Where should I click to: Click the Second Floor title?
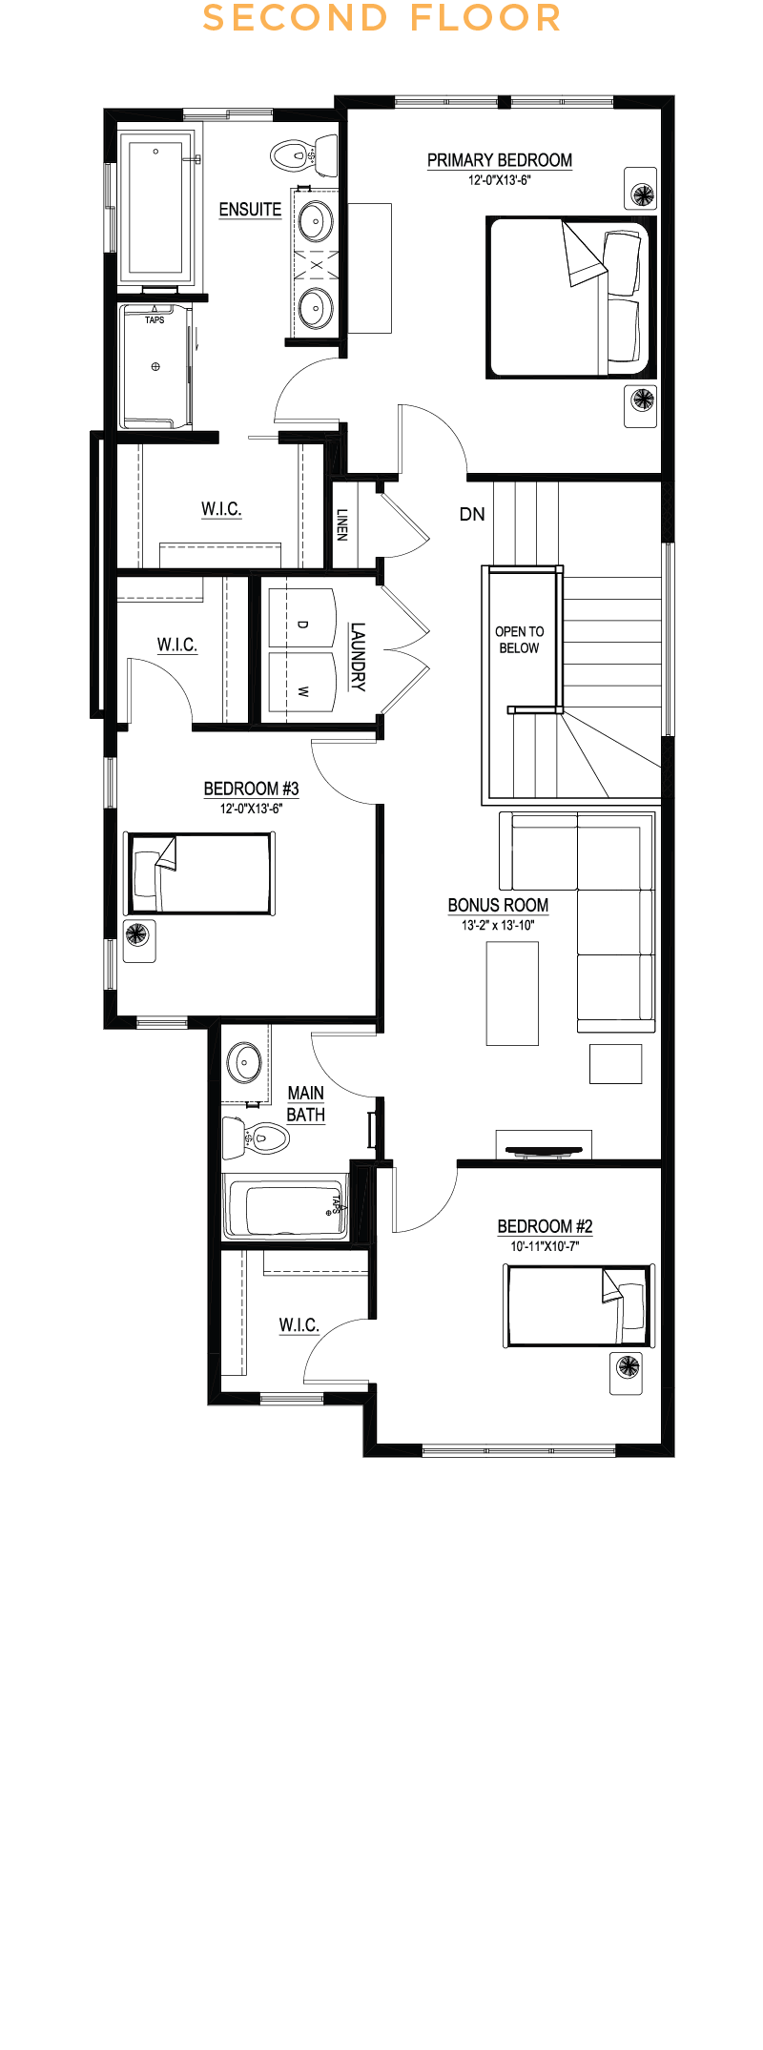[381, 18]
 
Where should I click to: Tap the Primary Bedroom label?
[500, 160]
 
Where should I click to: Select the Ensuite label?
[250, 210]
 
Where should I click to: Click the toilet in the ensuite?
[304, 155]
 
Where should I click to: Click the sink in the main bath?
[244, 1061]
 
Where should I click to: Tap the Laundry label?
[358, 656]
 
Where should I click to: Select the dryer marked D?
[302, 618]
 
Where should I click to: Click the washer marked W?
[302, 682]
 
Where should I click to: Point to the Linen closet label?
[342, 524]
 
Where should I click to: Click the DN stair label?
[472, 514]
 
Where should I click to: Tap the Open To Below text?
[520, 640]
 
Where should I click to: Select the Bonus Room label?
[498, 905]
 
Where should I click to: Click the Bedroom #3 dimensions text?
[252, 809]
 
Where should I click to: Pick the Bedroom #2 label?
[545, 1226]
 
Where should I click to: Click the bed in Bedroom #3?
[200, 873]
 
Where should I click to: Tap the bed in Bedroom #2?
[579, 1305]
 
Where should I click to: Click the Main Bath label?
[306, 1104]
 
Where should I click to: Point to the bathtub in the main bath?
[286, 1207]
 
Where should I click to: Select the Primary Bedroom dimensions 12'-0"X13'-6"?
[500, 180]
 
